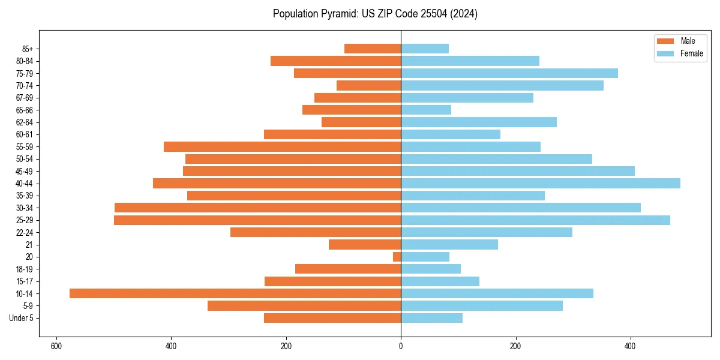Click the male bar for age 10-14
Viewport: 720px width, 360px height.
coord(235,293)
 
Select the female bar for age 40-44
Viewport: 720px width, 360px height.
coord(540,183)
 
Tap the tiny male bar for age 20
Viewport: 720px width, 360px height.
coord(397,257)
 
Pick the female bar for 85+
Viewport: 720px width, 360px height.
coord(425,49)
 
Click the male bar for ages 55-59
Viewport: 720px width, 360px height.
coord(282,146)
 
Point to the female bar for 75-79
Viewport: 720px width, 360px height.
coord(509,73)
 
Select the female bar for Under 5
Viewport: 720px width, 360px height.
coord(431,318)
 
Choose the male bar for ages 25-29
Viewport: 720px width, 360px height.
coord(257,220)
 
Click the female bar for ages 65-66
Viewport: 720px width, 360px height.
coord(426,110)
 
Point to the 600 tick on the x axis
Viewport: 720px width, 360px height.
coord(56,346)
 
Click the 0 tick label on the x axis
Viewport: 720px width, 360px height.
coord(401,346)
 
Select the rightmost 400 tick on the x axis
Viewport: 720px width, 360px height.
coord(630,346)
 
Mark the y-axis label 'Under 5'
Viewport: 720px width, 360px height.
coord(21,318)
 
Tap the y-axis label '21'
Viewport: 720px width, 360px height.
coord(29,245)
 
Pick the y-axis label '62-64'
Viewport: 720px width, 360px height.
coord(24,122)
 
